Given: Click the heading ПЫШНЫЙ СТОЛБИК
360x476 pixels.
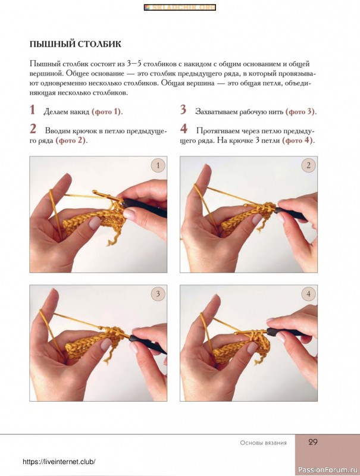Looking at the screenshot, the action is coord(76,44).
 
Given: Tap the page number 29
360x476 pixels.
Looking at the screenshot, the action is coord(312,442).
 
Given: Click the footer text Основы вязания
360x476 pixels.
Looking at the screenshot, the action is coord(263,443).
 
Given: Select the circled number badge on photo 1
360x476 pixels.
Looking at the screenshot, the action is coord(158,165).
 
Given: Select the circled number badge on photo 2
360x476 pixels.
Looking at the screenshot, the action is coord(308,165).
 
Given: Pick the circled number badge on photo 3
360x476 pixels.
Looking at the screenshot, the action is coord(158,294).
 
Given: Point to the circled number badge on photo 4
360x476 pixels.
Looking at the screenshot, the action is coord(308,294).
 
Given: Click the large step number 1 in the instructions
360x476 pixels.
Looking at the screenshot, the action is coord(33,110).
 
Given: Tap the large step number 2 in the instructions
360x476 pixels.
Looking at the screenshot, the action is coord(33,129).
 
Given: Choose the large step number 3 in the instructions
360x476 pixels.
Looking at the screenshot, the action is coord(183,109).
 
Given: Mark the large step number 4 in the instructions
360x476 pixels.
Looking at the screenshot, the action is coord(184,129).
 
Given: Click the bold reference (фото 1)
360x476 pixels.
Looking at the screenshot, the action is coord(107,112).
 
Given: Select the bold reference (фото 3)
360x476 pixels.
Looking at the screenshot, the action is coord(300,112).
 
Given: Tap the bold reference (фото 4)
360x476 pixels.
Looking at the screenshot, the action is coord(297,140).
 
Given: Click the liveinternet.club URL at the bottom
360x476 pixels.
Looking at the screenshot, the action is coord(59,462).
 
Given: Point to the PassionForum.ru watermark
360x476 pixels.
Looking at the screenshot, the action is coord(328,468).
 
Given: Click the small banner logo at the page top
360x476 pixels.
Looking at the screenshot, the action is coord(180,7).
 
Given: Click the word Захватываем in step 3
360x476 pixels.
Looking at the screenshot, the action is coord(217,112).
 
